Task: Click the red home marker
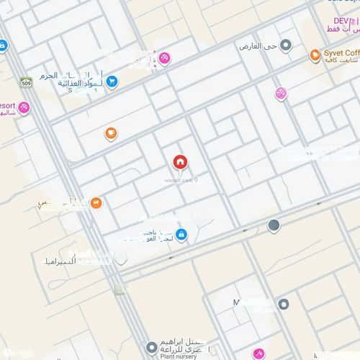pos(179,161)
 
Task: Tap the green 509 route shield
pos(26,82)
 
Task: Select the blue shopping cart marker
pos(112,81)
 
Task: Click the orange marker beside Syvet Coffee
pos(315,55)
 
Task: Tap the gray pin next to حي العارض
pos(286,46)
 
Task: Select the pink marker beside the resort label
pos(24,108)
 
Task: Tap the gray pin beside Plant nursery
pos(150,347)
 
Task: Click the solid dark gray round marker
pos(274,225)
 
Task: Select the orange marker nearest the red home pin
pos(111,133)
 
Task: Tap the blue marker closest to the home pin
pos(181,234)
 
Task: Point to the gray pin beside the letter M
pos(284,305)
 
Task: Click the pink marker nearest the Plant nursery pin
pos(258,354)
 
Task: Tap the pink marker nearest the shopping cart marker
pos(164,58)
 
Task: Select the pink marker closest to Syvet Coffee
pos(281,93)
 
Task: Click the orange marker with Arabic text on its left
pos(96,203)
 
